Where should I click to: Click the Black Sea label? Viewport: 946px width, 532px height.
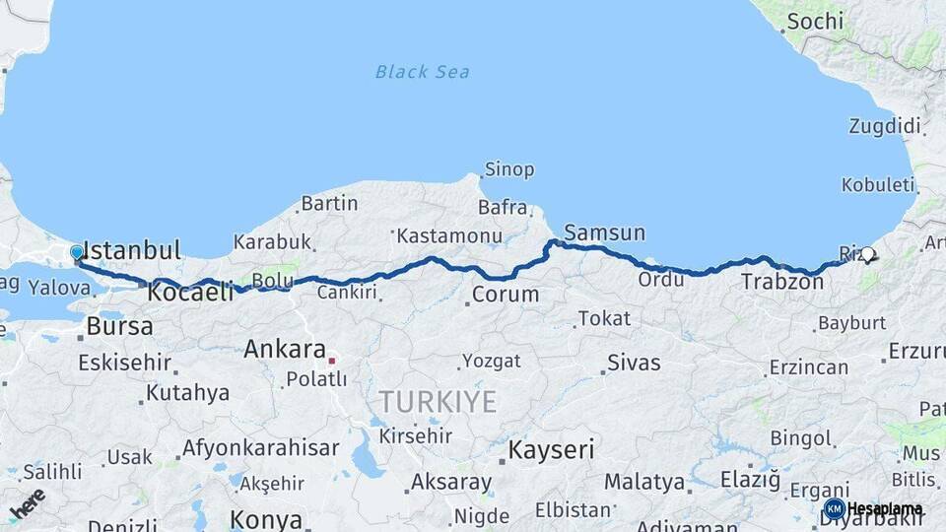point(422,72)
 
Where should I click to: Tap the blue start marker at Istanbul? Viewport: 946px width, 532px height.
point(77,253)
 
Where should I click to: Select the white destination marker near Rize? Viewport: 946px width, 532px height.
point(867,255)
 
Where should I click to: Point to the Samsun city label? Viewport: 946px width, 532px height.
point(604,233)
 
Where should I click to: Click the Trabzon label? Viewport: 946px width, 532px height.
point(781,282)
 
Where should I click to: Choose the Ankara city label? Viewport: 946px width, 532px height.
point(284,349)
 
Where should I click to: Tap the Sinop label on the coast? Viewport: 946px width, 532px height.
point(508,170)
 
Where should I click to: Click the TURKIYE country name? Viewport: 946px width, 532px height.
point(439,401)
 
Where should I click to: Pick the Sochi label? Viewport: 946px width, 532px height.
point(816,21)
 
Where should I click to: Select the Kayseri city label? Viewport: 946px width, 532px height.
point(551,451)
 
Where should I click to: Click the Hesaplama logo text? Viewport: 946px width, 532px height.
point(885,509)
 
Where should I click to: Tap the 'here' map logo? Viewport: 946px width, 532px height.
point(28,503)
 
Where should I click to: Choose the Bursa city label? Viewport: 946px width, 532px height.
point(119,326)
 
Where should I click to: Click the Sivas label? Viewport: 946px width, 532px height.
point(634,362)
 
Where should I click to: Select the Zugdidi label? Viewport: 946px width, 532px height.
point(884,126)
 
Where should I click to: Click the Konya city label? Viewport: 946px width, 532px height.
point(266,519)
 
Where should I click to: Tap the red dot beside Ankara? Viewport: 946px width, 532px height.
point(332,361)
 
